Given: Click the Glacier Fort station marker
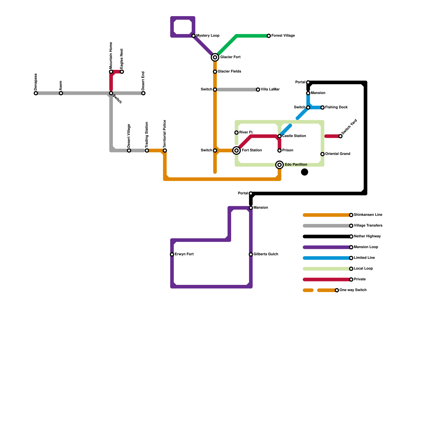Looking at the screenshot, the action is coord(215,57).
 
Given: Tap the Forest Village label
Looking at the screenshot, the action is coord(283,36).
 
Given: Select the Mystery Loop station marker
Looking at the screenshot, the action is coord(193,36).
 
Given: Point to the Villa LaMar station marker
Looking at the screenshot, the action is coord(258,89).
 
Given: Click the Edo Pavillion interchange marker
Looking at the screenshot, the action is coord(279,165).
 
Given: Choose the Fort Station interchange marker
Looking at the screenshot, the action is coord(236,150).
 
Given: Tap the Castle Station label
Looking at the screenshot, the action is coord(294,136).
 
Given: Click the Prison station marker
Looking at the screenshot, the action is coord(279,150).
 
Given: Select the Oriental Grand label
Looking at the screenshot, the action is coord(338,154).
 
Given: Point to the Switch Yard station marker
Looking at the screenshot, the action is coord(341,136).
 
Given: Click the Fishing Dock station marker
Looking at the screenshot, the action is coord(322,107).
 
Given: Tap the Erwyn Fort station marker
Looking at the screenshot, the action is coord(172,254).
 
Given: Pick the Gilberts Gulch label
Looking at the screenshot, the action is coord(266,254).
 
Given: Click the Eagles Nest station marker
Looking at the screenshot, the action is coord(122,72).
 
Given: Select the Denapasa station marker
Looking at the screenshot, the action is coord(36,93).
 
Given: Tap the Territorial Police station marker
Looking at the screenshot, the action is coord(165,150).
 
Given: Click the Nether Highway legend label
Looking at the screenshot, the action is coord(367,236).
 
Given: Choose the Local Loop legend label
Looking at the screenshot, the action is coord(363,269).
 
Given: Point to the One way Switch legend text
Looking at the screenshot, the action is coord(353,290).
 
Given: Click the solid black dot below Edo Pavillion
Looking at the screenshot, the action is coord(304,172).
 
